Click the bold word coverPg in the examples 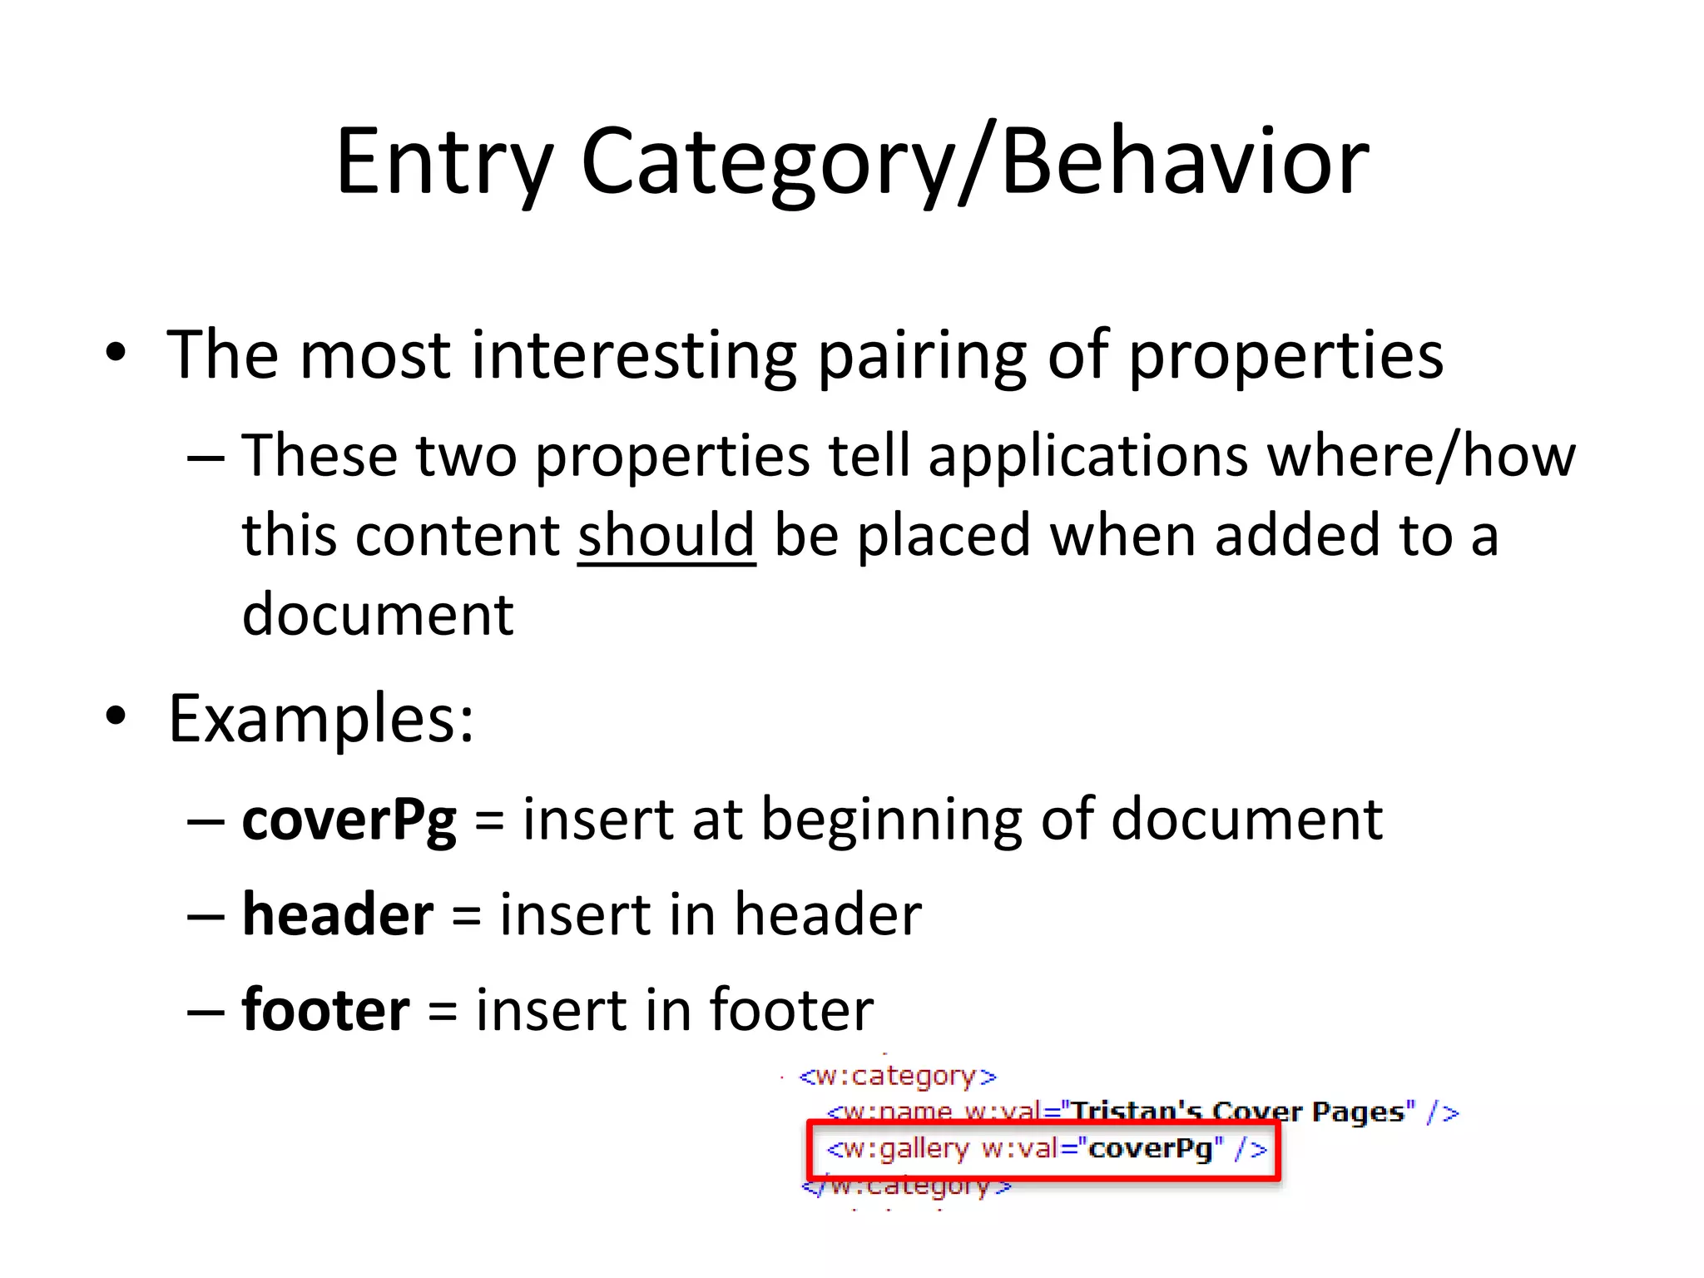[349, 820]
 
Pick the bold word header [338, 914]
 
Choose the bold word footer [325, 1009]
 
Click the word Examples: [321, 719]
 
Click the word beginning [891, 820]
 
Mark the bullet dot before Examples [116, 716]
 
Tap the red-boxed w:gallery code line [1043, 1149]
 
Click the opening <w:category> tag [897, 1076]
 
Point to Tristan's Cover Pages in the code [1240, 1112]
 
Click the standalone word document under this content [378, 615]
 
